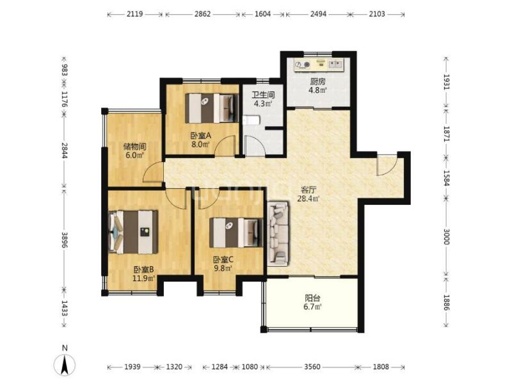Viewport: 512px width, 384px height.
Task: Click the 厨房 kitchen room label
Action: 317,81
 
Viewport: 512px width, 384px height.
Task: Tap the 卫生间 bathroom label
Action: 263,95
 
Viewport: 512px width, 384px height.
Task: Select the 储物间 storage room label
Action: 134,147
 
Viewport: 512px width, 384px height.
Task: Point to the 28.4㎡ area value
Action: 308,198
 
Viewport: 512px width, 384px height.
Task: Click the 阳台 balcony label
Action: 312,298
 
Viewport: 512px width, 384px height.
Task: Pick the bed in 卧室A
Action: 212,108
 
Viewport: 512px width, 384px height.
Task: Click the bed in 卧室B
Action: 133,232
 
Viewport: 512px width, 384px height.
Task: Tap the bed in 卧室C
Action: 236,232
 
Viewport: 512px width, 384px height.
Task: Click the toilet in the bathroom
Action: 251,120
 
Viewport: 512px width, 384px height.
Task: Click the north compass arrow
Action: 65,364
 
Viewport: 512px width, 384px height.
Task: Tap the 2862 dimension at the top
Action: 202,14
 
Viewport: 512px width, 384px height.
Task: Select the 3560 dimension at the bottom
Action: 312,367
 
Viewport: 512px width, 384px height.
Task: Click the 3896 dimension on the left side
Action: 65,240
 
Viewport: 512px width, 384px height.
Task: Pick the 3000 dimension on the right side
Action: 446,237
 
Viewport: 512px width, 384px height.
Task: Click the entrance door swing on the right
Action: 387,164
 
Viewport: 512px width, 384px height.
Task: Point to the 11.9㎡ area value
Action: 143,278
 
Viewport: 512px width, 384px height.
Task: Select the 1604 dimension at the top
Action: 262,14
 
